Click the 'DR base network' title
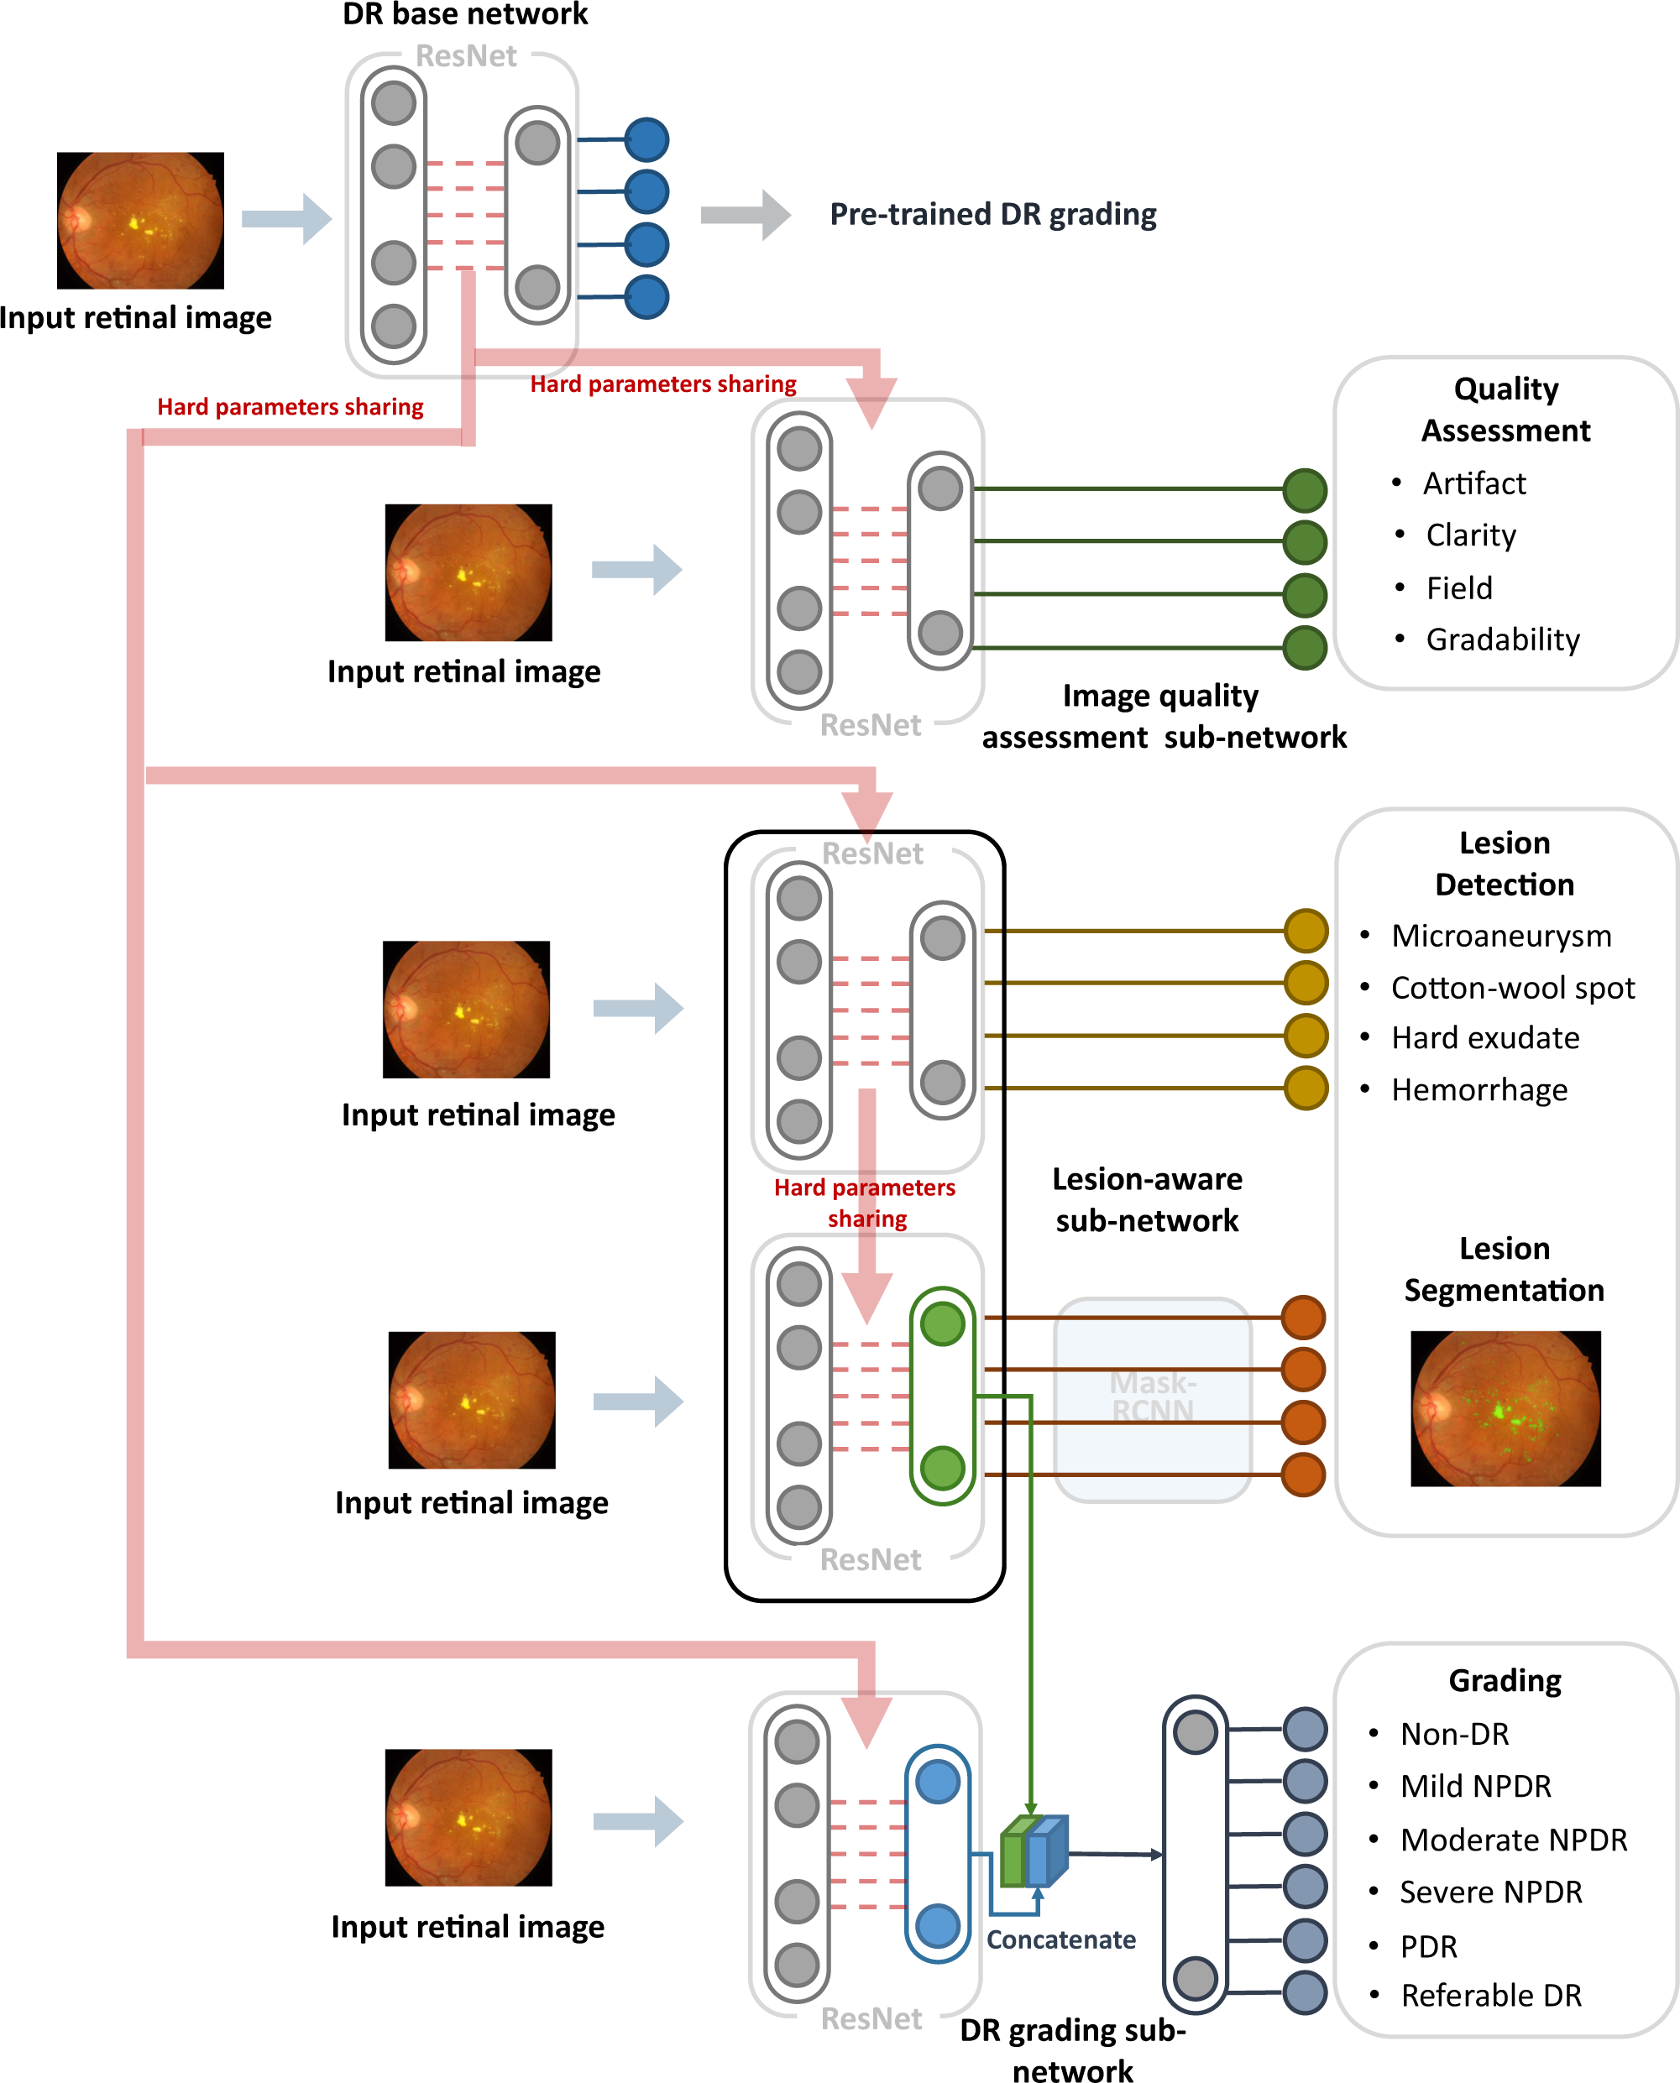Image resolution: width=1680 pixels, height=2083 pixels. click(x=464, y=14)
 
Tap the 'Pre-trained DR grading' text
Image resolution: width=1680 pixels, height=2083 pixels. click(x=993, y=214)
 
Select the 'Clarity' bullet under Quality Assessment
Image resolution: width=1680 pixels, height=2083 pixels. click(x=1470, y=535)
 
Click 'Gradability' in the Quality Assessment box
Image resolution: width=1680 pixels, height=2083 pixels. click(x=1502, y=640)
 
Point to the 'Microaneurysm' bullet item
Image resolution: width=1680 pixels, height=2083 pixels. click(x=1501, y=936)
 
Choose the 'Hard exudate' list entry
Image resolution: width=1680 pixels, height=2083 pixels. click(x=1484, y=1038)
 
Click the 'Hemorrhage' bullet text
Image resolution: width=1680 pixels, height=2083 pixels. click(x=1479, y=1090)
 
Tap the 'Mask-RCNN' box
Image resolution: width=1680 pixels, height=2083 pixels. click(x=1152, y=1398)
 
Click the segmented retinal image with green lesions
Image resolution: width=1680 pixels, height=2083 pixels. click(x=1505, y=1408)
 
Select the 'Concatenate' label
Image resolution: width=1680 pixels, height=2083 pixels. click(x=1060, y=1939)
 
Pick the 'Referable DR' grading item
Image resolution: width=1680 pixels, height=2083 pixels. click(x=1490, y=1995)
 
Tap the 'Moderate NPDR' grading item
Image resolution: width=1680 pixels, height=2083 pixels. click(x=1513, y=1839)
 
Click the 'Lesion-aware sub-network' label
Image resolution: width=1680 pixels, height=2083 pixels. click(x=1147, y=1199)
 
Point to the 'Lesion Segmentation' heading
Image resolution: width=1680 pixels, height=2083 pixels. click(x=1504, y=1269)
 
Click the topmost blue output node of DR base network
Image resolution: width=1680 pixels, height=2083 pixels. click(x=646, y=139)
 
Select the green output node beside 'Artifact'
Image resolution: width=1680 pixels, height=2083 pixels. click(x=1305, y=489)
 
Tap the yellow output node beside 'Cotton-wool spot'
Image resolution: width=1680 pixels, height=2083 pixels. click(x=1306, y=983)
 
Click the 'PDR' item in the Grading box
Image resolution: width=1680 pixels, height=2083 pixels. click(x=1427, y=1946)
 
